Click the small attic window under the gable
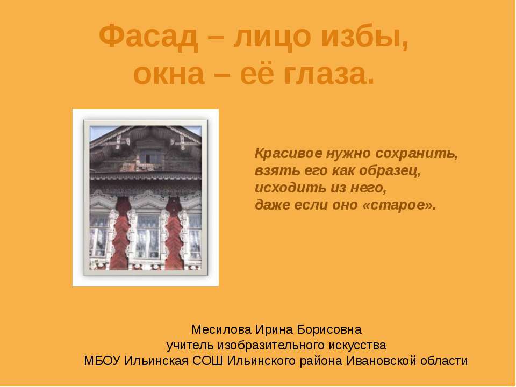point(146,156)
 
